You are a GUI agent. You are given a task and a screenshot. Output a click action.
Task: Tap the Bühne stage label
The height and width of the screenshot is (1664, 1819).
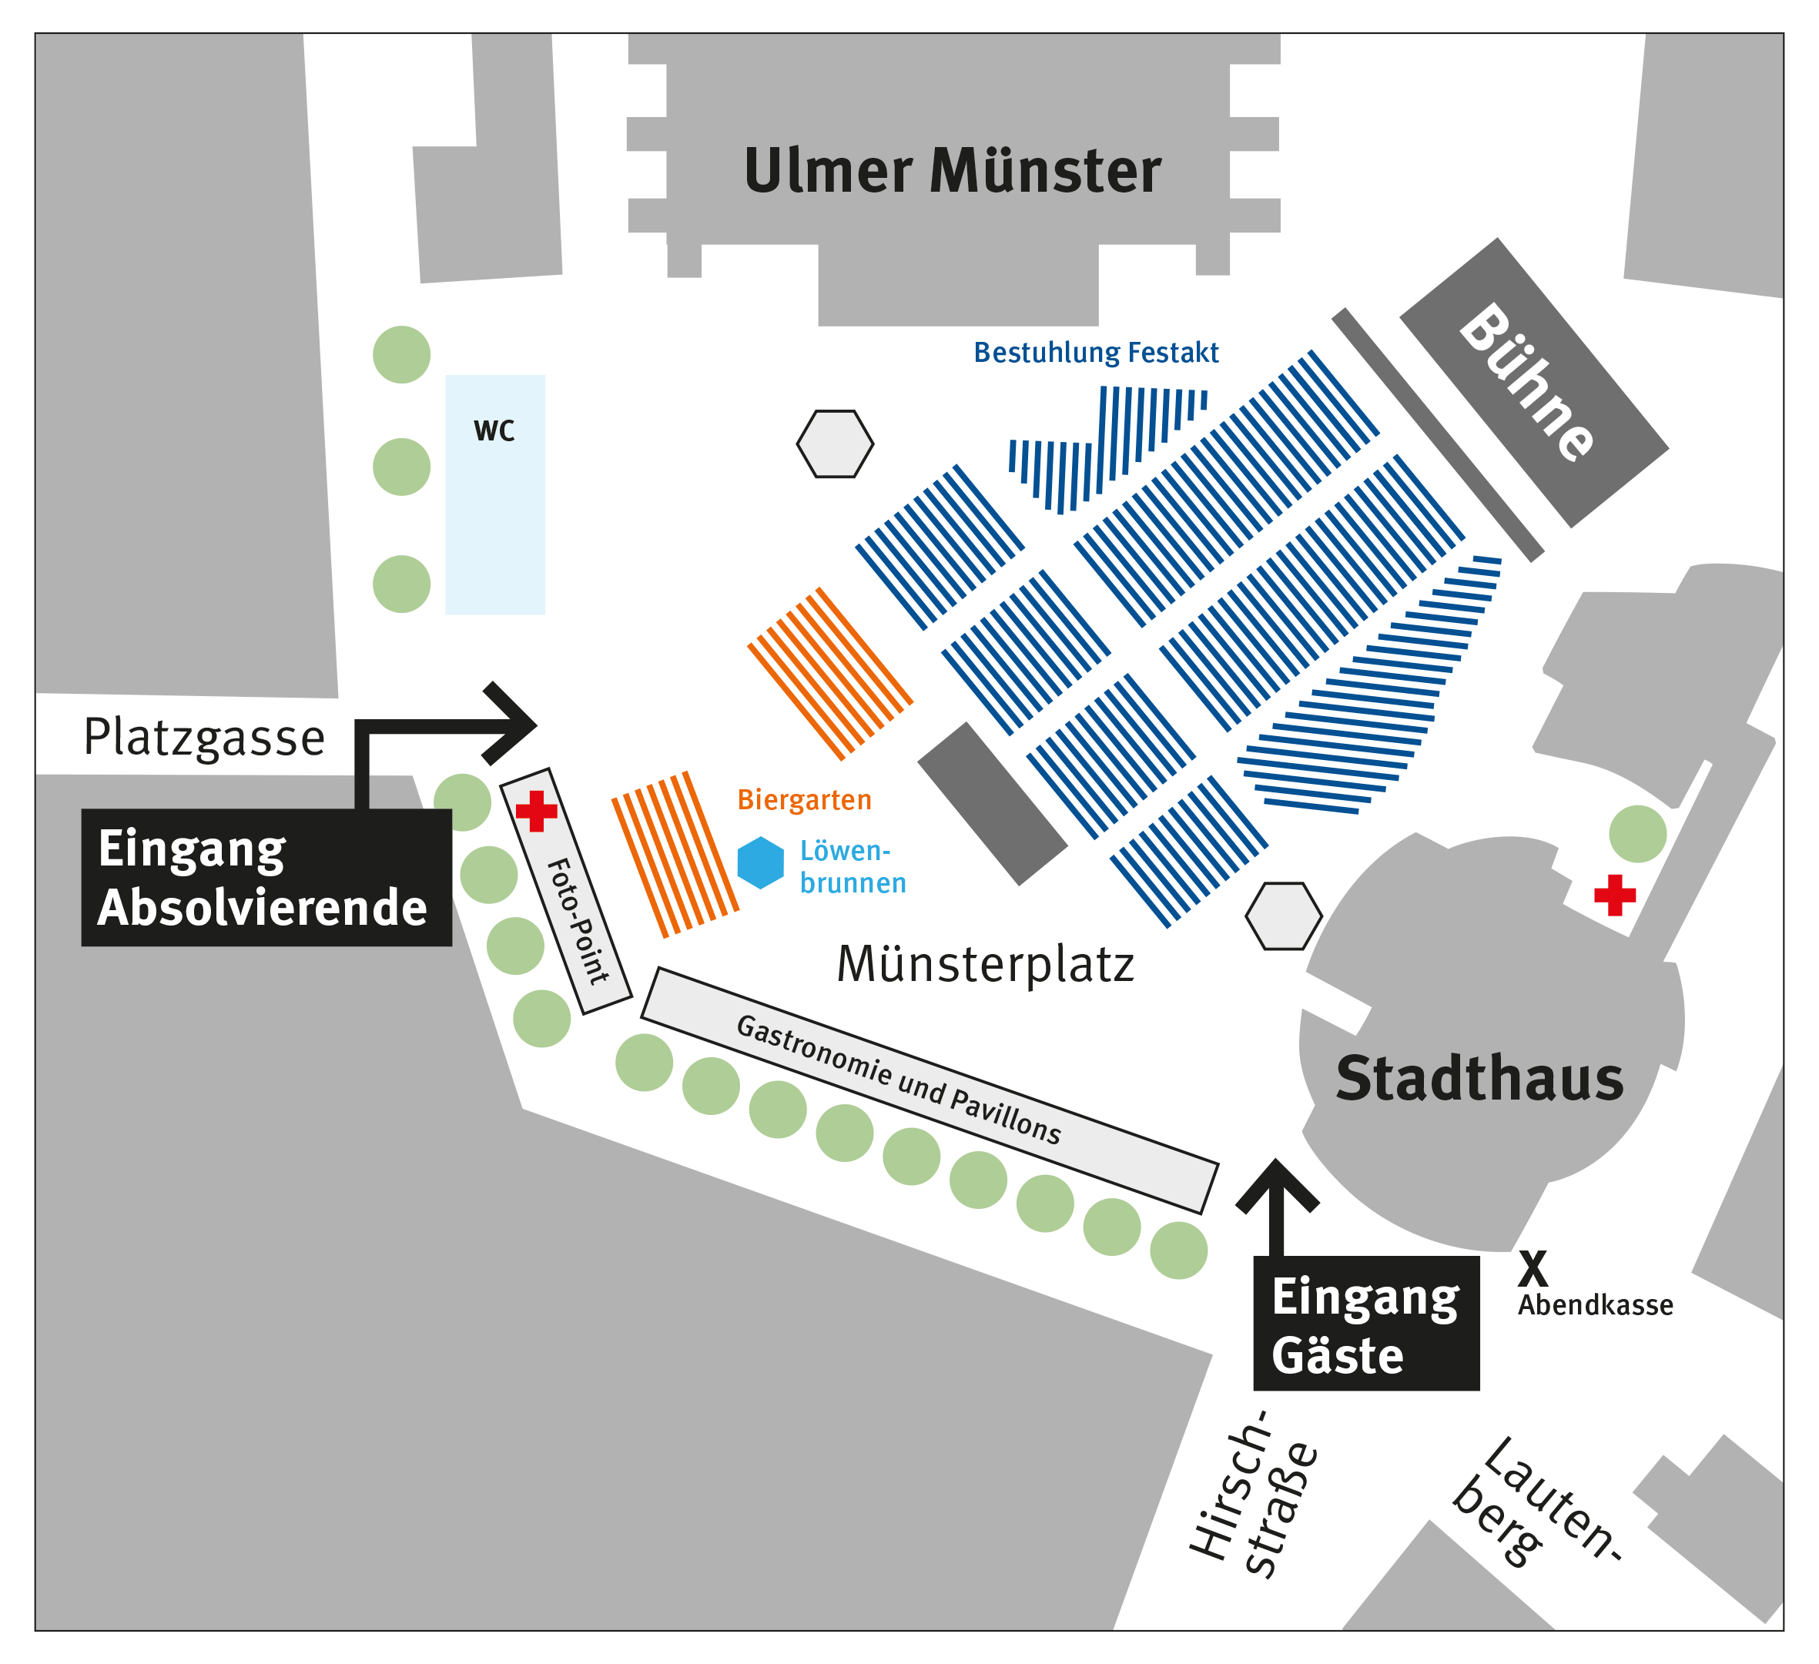(x=1526, y=383)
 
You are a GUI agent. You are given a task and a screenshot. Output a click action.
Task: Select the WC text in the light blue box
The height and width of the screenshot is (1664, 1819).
(x=494, y=431)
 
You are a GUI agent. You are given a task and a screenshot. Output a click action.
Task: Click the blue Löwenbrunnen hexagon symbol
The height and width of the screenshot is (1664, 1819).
(x=761, y=862)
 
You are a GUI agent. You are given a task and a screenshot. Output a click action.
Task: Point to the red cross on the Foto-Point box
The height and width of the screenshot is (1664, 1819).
(x=537, y=810)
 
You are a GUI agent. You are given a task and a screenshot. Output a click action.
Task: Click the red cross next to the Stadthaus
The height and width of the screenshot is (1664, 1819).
(x=1614, y=896)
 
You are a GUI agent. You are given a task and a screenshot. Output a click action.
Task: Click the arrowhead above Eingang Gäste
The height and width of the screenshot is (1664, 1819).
(x=1276, y=1182)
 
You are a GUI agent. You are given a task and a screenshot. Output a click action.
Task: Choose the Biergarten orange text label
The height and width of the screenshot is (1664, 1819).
(x=804, y=800)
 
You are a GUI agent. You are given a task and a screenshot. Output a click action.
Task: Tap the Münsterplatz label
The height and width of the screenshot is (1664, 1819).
(x=984, y=965)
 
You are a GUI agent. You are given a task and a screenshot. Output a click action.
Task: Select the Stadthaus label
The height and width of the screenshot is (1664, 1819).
(x=1479, y=1080)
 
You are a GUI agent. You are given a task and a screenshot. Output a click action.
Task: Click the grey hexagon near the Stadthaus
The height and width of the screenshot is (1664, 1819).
(x=1283, y=916)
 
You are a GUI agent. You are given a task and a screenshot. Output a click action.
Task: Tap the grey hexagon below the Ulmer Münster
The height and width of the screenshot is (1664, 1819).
(x=835, y=444)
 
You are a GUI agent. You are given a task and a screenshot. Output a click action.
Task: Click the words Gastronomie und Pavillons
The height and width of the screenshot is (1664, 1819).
(x=899, y=1080)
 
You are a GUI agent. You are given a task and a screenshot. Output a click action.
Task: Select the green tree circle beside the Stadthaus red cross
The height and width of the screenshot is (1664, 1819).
(x=1638, y=834)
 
